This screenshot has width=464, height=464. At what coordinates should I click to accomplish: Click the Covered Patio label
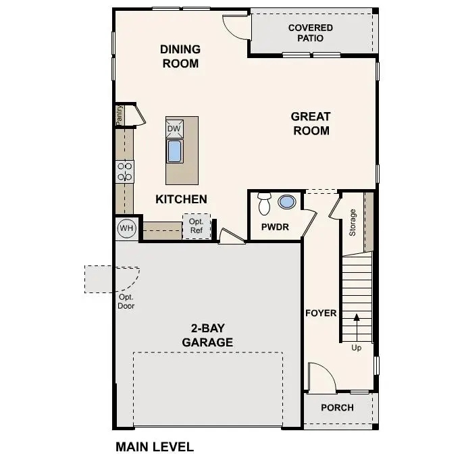click(x=310, y=33)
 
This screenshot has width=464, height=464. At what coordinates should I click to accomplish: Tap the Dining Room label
click(x=180, y=57)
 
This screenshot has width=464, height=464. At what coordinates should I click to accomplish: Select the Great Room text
click(x=311, y=124)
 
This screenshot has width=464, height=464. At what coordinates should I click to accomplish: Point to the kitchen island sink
click(x=174, y=151)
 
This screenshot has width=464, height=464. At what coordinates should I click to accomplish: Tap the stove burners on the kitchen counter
click(x=125, y=172)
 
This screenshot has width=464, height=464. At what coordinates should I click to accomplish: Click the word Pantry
click(x=119, y=115)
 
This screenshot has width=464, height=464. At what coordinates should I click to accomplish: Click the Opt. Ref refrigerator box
click(x=197, y=226)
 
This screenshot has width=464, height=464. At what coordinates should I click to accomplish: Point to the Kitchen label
click(x=181, y=199)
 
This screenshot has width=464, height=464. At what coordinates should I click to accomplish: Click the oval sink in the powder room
click(x=287, y=202)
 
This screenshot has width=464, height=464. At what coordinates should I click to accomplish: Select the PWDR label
click(x=276, y=228)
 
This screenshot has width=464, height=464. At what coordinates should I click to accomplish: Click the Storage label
click(x=352, y=222)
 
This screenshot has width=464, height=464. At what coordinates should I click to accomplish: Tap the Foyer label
click(x=321, y=313)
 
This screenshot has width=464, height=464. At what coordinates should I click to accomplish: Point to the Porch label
click(x=337, y=407)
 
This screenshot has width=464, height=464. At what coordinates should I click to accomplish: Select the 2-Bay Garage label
click(x=207, y=336)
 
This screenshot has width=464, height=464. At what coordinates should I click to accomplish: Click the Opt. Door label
click(x=126, y=302)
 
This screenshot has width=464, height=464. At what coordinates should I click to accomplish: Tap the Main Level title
click(x=155, y=446)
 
